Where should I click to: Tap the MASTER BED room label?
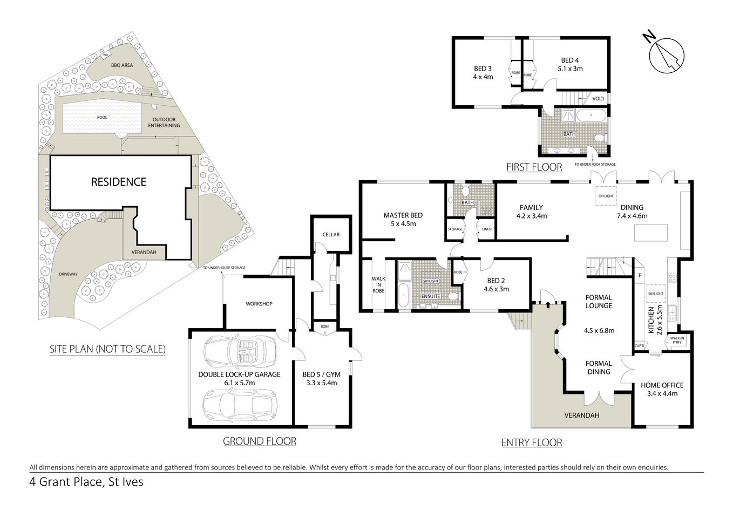[x=403, y=215]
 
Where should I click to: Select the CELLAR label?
[x=331, y=235]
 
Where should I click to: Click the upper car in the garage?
[x=239, y=351]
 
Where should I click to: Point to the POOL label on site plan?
[x=102, y=117]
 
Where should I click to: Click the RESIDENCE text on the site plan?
[x=118, y=182]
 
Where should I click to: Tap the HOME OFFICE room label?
[x=662, y=385]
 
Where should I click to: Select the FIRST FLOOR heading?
[x=534, y=167]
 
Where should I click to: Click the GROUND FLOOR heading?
[x=260, y=441]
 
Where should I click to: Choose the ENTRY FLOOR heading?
[x=532, y=443]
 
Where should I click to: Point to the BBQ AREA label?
[x=121, y=65]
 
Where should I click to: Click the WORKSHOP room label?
[x=259, y=304]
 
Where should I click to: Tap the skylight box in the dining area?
[x=605, y=196]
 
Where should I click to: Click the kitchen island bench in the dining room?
[x=650, y=233]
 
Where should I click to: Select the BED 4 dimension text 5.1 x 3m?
[x=570, y=69]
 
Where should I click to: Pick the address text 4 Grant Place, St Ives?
[x=86, y=482]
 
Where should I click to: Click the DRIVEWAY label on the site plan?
[x=69, y=274]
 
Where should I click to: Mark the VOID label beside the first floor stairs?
[x=598, y=99]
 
